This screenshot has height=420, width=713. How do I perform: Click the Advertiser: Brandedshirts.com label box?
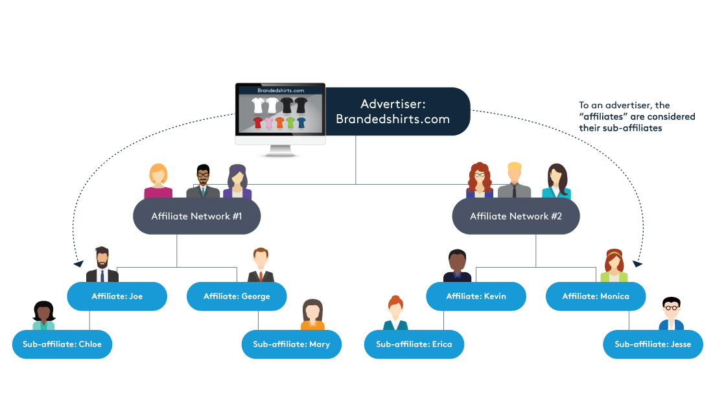pyautogui.click(x=397, y=111)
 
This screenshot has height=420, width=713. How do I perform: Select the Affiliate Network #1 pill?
pyautogui.click(x=196, y=216)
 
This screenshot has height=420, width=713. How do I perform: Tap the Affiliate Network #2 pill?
pyautogui.click(x=515, y=216)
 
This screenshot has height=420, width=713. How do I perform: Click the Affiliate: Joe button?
pyautogui.click(x=117, y=296)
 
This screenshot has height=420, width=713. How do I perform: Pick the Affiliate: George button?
pyautogui.click(x=237, y=296)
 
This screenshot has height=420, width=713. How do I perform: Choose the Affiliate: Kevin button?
pyautogui.click(x=476, y=296)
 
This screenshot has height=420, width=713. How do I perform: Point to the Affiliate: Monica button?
pyautogui.click(x=596, y=296)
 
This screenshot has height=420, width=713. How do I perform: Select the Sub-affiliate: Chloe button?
pyautogui.click(x=62, y=344)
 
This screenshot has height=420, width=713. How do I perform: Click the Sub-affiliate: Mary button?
pyautogui.click(x=292, y=344)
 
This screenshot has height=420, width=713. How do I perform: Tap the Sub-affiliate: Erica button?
pyautogui.click(x=414, y=344)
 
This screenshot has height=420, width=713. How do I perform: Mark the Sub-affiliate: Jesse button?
pyautogui.click(x=653, y=344)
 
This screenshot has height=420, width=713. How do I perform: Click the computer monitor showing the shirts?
pyautogui.click(x=280, y=117)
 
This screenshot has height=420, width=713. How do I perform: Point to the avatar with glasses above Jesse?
pyautogui.click(x=671, y=316)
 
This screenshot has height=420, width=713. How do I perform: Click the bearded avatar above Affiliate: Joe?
pyautogui.click(x=102, y=264)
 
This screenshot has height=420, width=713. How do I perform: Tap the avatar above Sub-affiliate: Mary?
pyautogui.click(x=312, y=314)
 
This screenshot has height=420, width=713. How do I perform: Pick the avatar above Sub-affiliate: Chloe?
pyautogui.click(x=43, y=316)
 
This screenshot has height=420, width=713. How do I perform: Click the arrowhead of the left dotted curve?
pyautogui.click(x=78, y=264)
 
